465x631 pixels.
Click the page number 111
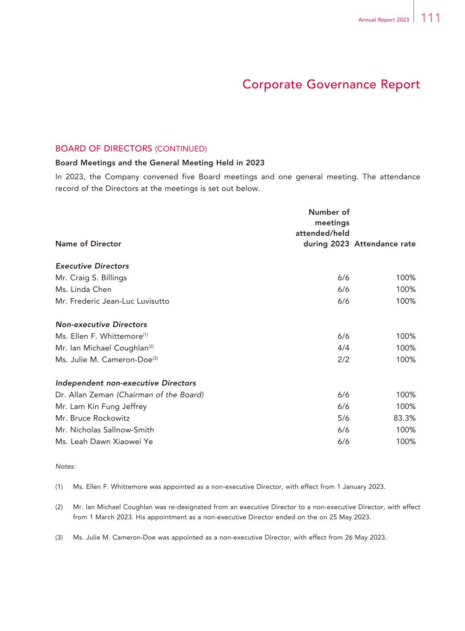pos(431,18)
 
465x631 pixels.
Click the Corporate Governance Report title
pos(331,85)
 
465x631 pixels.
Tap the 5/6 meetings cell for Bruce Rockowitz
pos(343,418)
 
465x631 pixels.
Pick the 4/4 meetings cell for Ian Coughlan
pos(343,348)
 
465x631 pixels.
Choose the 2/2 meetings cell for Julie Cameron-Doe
pos(343,359)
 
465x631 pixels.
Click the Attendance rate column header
pos(385,244)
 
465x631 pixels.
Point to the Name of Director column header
pos(88,244)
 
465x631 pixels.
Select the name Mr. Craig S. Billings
pos(91,277)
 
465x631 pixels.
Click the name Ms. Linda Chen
pos(83,289)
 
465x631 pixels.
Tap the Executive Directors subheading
pos(92,266)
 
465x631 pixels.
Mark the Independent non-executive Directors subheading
pos(126,383)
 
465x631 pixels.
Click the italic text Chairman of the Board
pos(160,395)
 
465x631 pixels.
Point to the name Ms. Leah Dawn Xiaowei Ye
pos(104,441)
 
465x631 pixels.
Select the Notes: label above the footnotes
pos(65,466)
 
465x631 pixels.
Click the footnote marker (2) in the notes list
pos(59,507)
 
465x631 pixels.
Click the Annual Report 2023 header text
pos(384,20)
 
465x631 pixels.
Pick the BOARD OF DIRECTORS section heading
pos(104,148)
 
